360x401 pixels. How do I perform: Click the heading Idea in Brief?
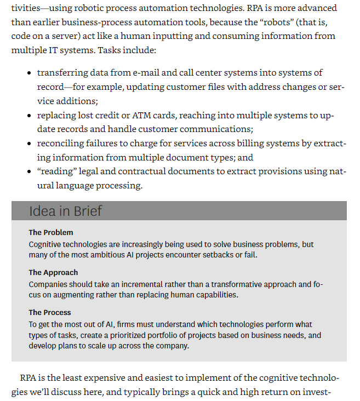pyautogui.click(x=65, y=211)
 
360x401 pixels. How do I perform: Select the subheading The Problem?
pyautogui.click(x=51, y=232)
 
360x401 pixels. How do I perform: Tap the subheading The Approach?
pyautogui.click(x=53, y=272)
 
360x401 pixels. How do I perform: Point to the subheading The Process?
pyautogui.click(x=50, y=312)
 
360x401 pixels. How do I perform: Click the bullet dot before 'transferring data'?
pyautogui.click(x=29, y=73)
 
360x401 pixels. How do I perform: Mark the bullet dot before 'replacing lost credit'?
pyautogui.click(x=29, y=116)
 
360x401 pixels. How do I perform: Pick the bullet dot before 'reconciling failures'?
pyautogui.click(x=29, y=144)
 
